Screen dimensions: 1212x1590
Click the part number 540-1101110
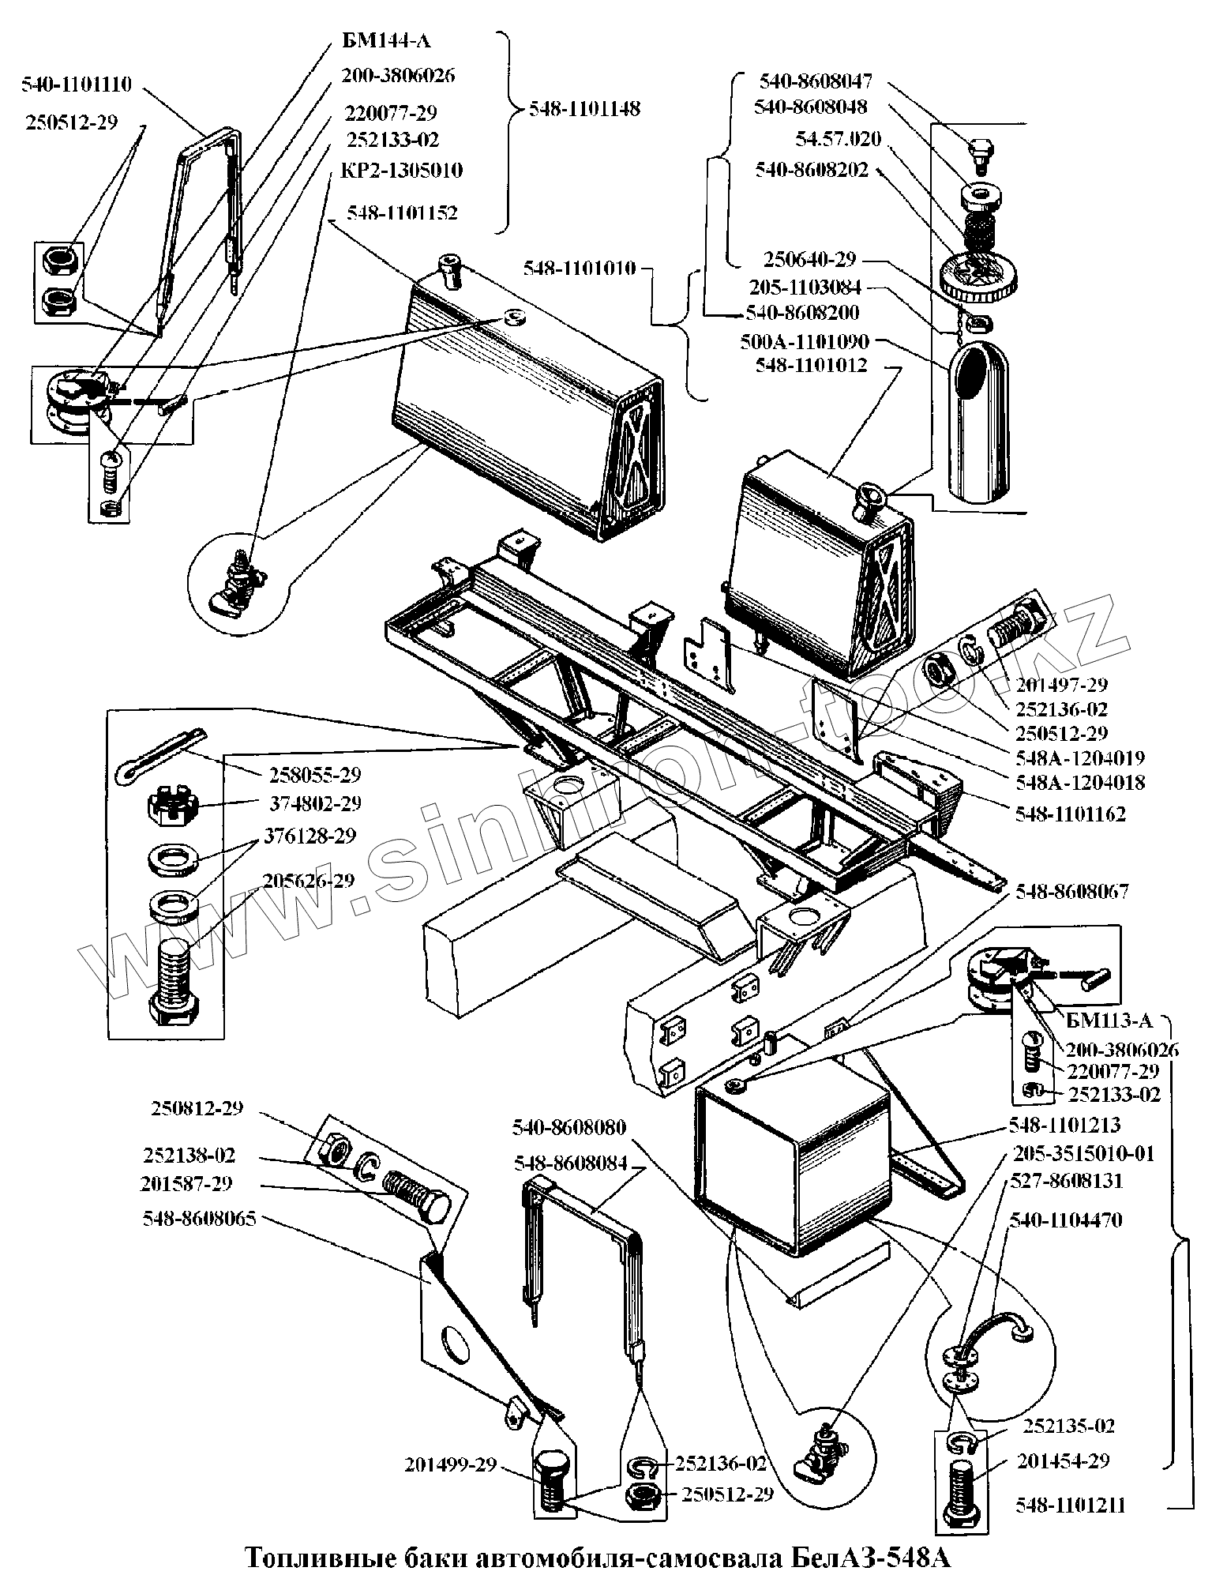click(x=77, y=84)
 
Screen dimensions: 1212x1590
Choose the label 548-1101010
click(x=580, y=269)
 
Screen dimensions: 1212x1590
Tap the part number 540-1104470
click(x=1066, y=1220)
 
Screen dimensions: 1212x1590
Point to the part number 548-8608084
click(x=570, y=1163)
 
